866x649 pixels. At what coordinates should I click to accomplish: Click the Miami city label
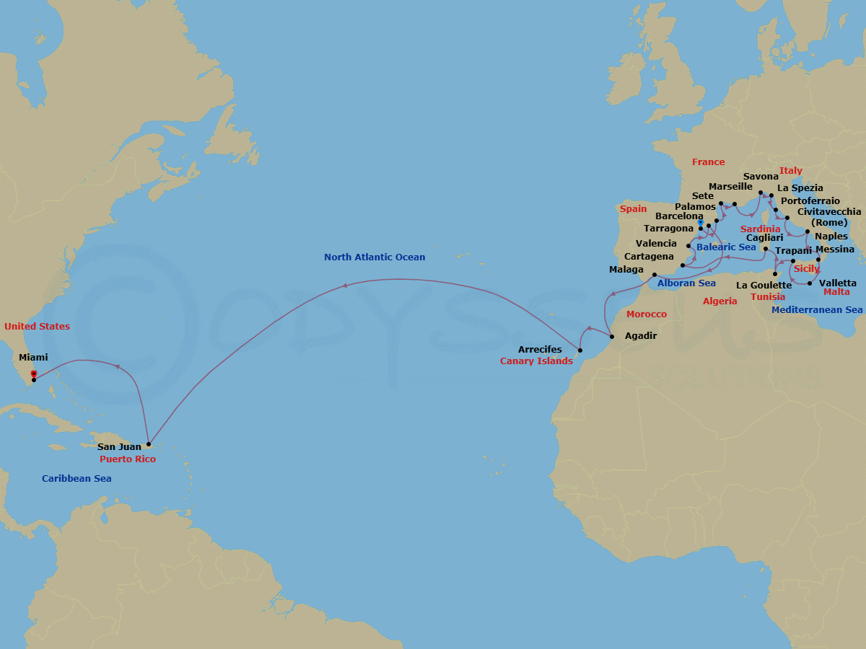[x=33, y=358]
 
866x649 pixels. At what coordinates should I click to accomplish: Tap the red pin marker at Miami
[x=34, y=374]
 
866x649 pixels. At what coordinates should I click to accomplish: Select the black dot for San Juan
[x=148, y=444]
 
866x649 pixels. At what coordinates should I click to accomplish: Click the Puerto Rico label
[x=128, y=459]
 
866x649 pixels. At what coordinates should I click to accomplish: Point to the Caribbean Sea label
[x=76, y=478]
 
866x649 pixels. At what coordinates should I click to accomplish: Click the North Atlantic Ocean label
[x=375, y=257]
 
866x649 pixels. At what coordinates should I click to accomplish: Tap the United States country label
[x=37, y=326]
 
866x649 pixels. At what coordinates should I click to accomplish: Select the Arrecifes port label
[x=540, y=350]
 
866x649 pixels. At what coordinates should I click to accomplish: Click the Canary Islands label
[x=536, y=361]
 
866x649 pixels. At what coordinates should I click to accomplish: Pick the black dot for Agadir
[x=611, y=337]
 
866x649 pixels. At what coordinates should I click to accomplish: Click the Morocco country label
[x=647, y=314]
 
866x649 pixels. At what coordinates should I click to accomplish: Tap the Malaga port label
[x=626, y=269]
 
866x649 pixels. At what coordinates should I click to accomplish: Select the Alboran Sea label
[x=686, y=283]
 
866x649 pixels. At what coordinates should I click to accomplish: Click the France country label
[x=708, y=162]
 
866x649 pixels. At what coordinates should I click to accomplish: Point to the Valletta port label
[x=839, y=283]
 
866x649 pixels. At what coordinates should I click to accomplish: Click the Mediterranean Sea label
[x=817, y=309]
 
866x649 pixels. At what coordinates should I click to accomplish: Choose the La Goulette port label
[x=764, y=285]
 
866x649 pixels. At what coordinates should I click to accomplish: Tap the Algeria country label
[x=720, y=301]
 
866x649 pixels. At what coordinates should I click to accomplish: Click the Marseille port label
[x=730, y=186]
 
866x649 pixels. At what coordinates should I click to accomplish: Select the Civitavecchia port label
[x=829, y=211]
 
